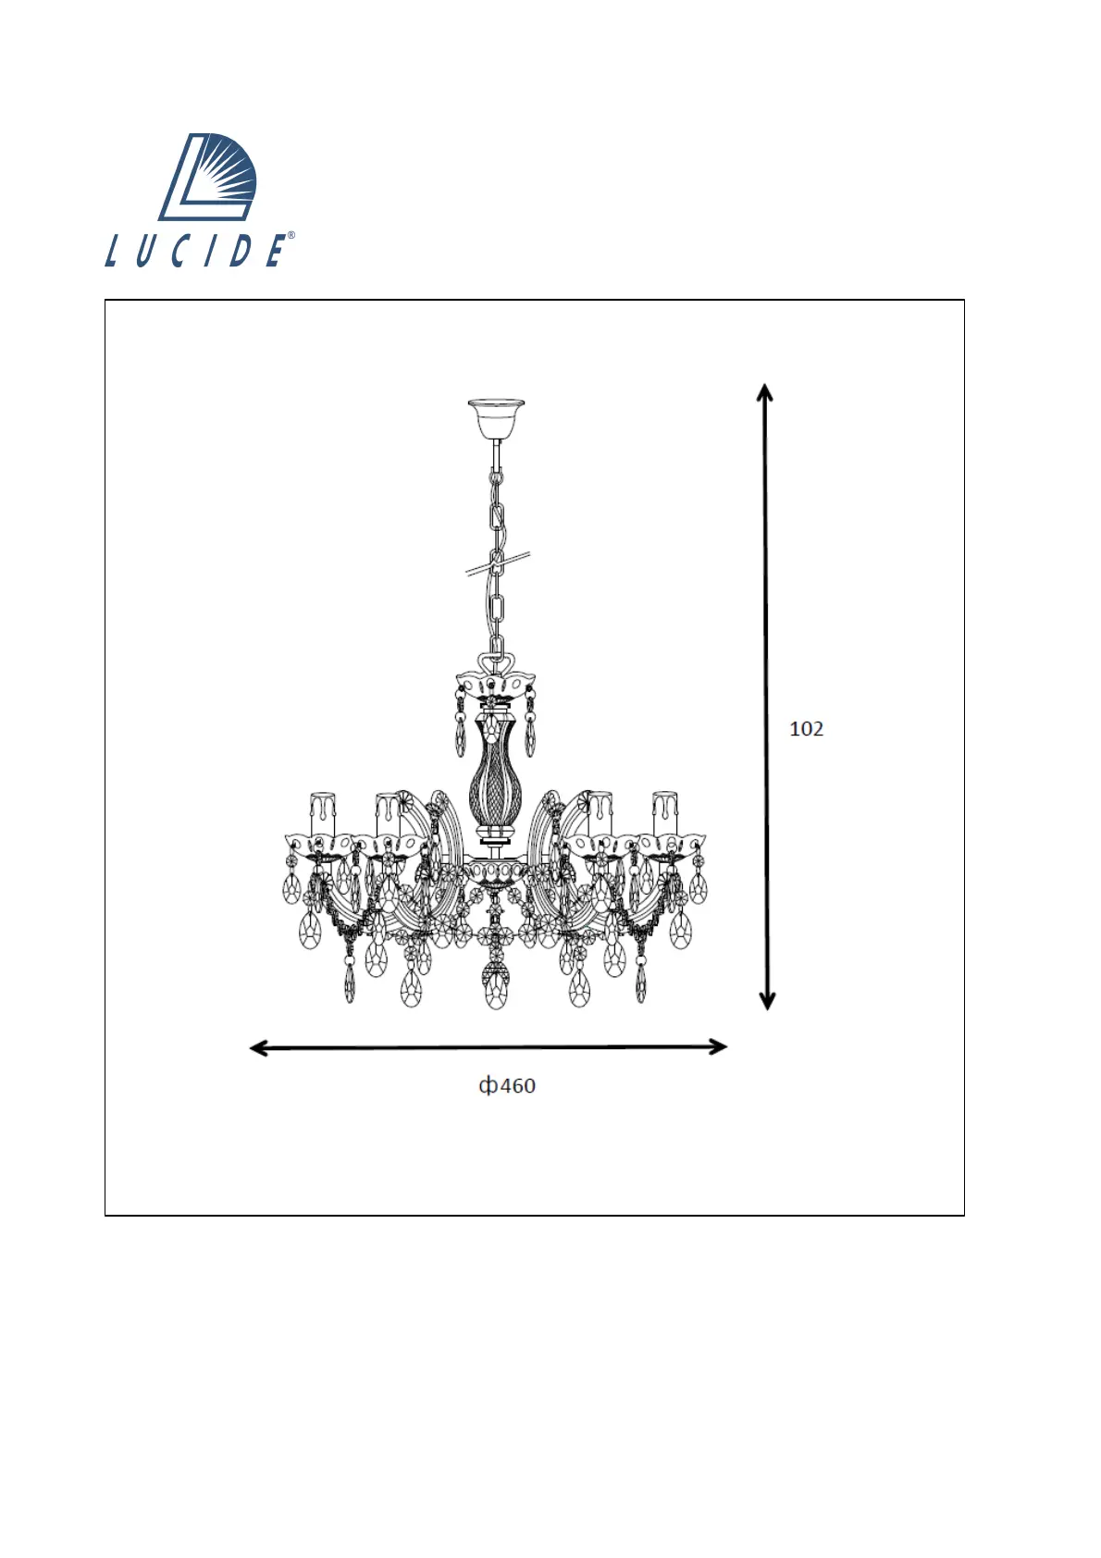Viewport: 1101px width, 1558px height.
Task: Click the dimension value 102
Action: click(806, 729)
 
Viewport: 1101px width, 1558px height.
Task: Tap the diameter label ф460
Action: click(507, 1086)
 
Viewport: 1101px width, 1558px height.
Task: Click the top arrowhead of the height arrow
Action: click(765, 392)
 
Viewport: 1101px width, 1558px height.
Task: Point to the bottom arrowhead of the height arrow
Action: click(767, 1000)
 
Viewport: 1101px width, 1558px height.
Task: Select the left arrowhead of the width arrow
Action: click(259, 1048)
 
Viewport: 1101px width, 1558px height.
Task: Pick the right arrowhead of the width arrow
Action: click(718, 1046)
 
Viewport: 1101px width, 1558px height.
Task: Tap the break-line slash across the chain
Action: click(497, 563)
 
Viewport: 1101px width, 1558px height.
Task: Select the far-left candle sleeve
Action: click(322, 813)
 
